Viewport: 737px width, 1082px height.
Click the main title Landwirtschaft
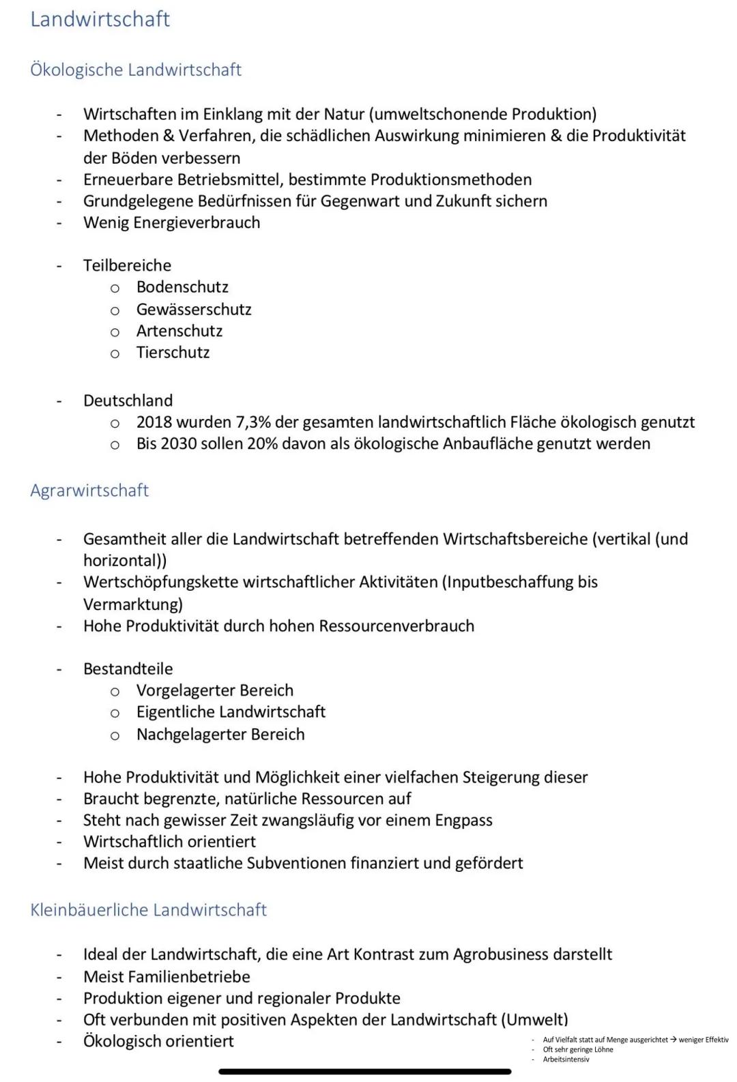[100, 19]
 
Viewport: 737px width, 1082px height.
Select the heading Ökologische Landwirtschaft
[136, 70]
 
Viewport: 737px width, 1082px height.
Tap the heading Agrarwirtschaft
[89, 491]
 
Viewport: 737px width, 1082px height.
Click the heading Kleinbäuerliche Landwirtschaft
[148, 910]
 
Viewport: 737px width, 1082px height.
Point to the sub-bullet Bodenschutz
[182, 287]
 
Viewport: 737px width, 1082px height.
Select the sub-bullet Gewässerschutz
[194, 309]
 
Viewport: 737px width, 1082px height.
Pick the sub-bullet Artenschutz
[179, 331]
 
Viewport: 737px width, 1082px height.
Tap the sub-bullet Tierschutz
[173, 353]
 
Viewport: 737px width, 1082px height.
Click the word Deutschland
[128, 400]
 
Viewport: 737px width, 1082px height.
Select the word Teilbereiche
[127, 265]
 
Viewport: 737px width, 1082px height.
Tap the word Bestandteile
[128, 669]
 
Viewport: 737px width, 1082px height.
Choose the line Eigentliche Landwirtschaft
[231, 712]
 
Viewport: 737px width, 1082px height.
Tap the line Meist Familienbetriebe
[167, 977]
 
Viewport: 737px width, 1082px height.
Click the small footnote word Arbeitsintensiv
[566, 1059]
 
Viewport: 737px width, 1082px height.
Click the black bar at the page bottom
[364, 1072]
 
